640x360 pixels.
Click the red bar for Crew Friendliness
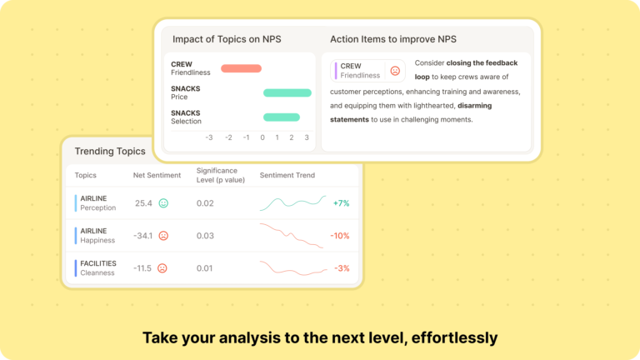tap(241, 68)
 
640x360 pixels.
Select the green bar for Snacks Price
tap(287, 92)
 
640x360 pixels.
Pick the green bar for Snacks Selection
tap(281, 117)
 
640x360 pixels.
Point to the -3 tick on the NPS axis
tap(208, 137)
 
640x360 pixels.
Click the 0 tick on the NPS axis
tap(262, 137)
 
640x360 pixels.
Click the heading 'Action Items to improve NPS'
tap(393, 39)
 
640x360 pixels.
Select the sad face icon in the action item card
tap(395, 71)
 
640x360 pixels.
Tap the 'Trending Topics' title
tap(110, 152)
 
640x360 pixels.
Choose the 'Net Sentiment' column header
tap(157, 176)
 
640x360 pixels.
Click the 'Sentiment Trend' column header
tap(287, 176)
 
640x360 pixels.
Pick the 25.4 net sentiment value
tap(143, 203)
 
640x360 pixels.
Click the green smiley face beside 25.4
tap(163, 203)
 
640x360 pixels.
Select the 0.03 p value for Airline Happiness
tap(205, 236)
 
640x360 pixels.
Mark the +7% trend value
tap(341, 203)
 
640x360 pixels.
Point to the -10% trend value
tap(340, 236)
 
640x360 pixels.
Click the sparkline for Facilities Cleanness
tap(291, 268)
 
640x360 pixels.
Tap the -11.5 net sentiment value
tap(142, 268)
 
